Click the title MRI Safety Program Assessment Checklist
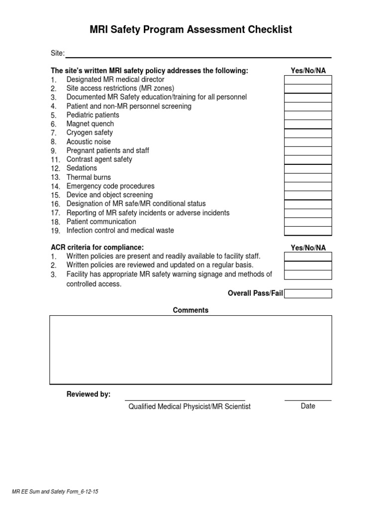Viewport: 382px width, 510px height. point(191,30)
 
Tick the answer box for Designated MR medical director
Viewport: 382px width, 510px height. point(308,80)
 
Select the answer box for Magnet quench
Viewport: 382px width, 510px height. point(308,124)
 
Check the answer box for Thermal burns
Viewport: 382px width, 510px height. point(308,177)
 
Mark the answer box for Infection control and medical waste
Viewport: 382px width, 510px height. point(308,231)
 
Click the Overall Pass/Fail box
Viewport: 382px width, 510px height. point(308,293)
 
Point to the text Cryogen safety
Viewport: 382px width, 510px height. point(90,133)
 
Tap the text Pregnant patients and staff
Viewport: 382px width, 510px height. point(107,150)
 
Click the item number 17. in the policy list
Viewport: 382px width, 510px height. point(55,213)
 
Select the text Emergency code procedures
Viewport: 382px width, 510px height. point(110,186)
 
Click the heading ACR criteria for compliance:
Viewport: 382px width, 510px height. point(97,248)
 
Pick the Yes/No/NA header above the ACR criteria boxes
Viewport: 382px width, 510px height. point(308,248)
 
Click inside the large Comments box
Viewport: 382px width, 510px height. point(191,350)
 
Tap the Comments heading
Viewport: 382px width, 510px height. point(191,310)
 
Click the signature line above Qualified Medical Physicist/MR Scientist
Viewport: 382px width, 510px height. point(185,399)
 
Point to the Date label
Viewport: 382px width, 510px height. point(308,406)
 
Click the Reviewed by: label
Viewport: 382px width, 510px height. point(89,394)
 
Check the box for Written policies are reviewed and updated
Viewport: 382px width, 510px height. point(308,265)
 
